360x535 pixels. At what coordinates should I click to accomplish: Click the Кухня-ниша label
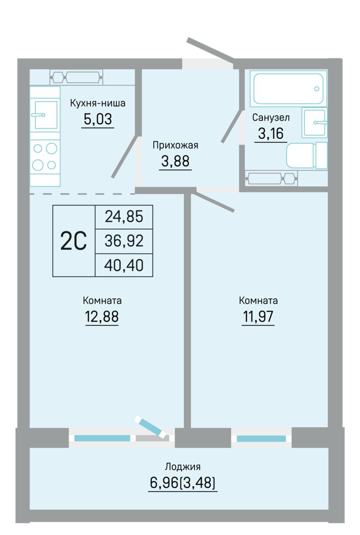98,103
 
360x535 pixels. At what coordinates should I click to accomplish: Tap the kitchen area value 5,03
98,119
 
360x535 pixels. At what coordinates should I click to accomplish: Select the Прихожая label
175,146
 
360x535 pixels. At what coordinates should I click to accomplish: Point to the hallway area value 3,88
175,161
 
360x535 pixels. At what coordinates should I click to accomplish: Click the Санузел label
271,118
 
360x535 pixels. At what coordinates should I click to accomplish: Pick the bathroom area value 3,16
271,133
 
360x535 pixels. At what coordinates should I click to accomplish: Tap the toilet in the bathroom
306,155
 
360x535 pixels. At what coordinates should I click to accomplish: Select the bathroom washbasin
314,122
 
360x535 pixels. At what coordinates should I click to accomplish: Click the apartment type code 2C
74,241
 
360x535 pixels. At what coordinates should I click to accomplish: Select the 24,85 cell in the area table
124,217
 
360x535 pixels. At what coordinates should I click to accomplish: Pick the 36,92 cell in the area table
124,241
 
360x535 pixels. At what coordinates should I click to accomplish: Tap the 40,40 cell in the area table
124,265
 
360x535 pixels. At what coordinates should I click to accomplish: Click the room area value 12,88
102,317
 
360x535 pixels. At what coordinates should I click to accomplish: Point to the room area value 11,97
258,317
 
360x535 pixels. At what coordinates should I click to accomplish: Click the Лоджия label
183,467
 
